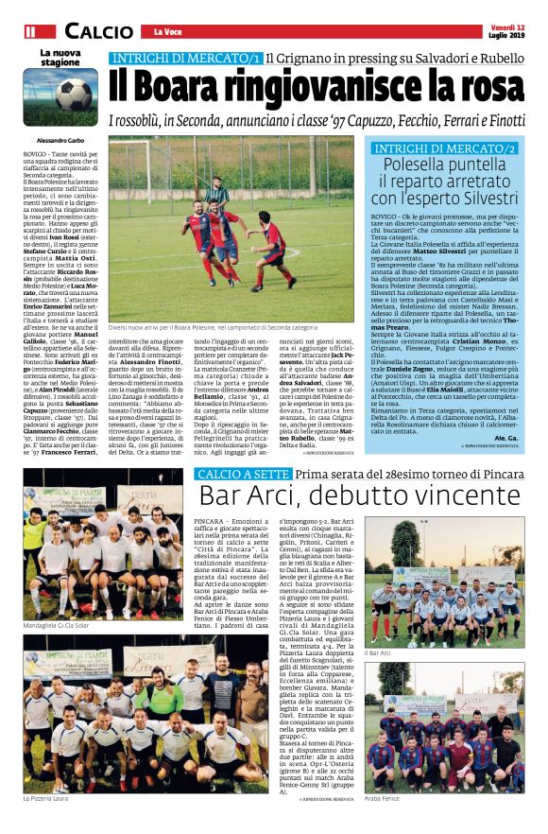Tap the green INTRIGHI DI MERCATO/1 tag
coord(185,59)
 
